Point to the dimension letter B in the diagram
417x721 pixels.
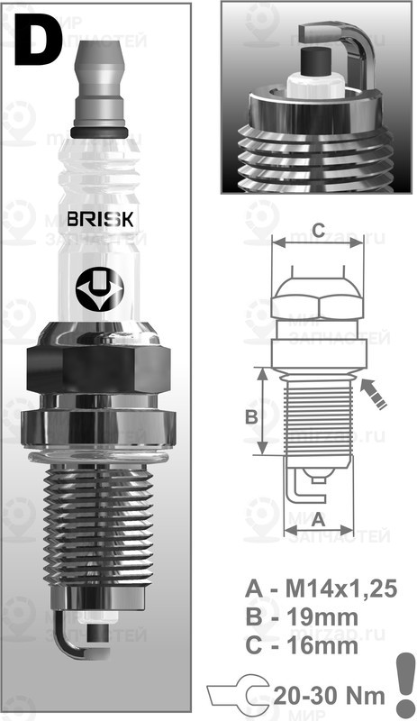[x=252, y=415]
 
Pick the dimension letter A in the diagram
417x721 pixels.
[x=317, y=518]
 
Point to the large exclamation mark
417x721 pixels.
[x=401, y=685]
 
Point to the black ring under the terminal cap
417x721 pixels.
[x=99, y=135]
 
